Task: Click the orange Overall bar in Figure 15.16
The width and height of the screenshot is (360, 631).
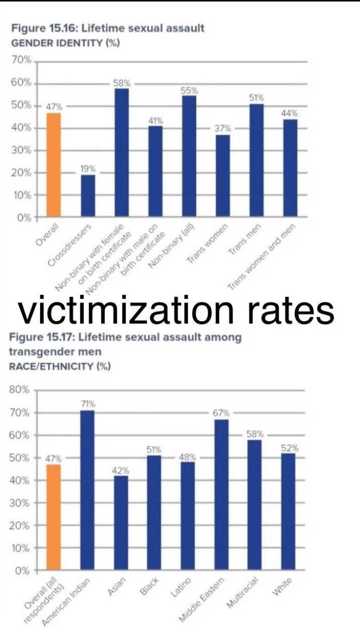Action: click(54, 165)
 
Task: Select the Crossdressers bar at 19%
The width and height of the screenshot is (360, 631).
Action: click(88, 196)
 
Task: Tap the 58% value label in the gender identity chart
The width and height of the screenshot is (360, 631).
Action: click(121, 83)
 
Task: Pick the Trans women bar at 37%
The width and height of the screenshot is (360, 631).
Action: click(223, 176)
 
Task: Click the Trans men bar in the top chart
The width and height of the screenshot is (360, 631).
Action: click(256, 161)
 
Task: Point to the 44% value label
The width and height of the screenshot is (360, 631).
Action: click(289, 114)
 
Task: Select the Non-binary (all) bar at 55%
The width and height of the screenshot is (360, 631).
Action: click(189, 156)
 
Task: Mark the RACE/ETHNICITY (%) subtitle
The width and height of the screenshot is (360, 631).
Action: click(60, 366)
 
